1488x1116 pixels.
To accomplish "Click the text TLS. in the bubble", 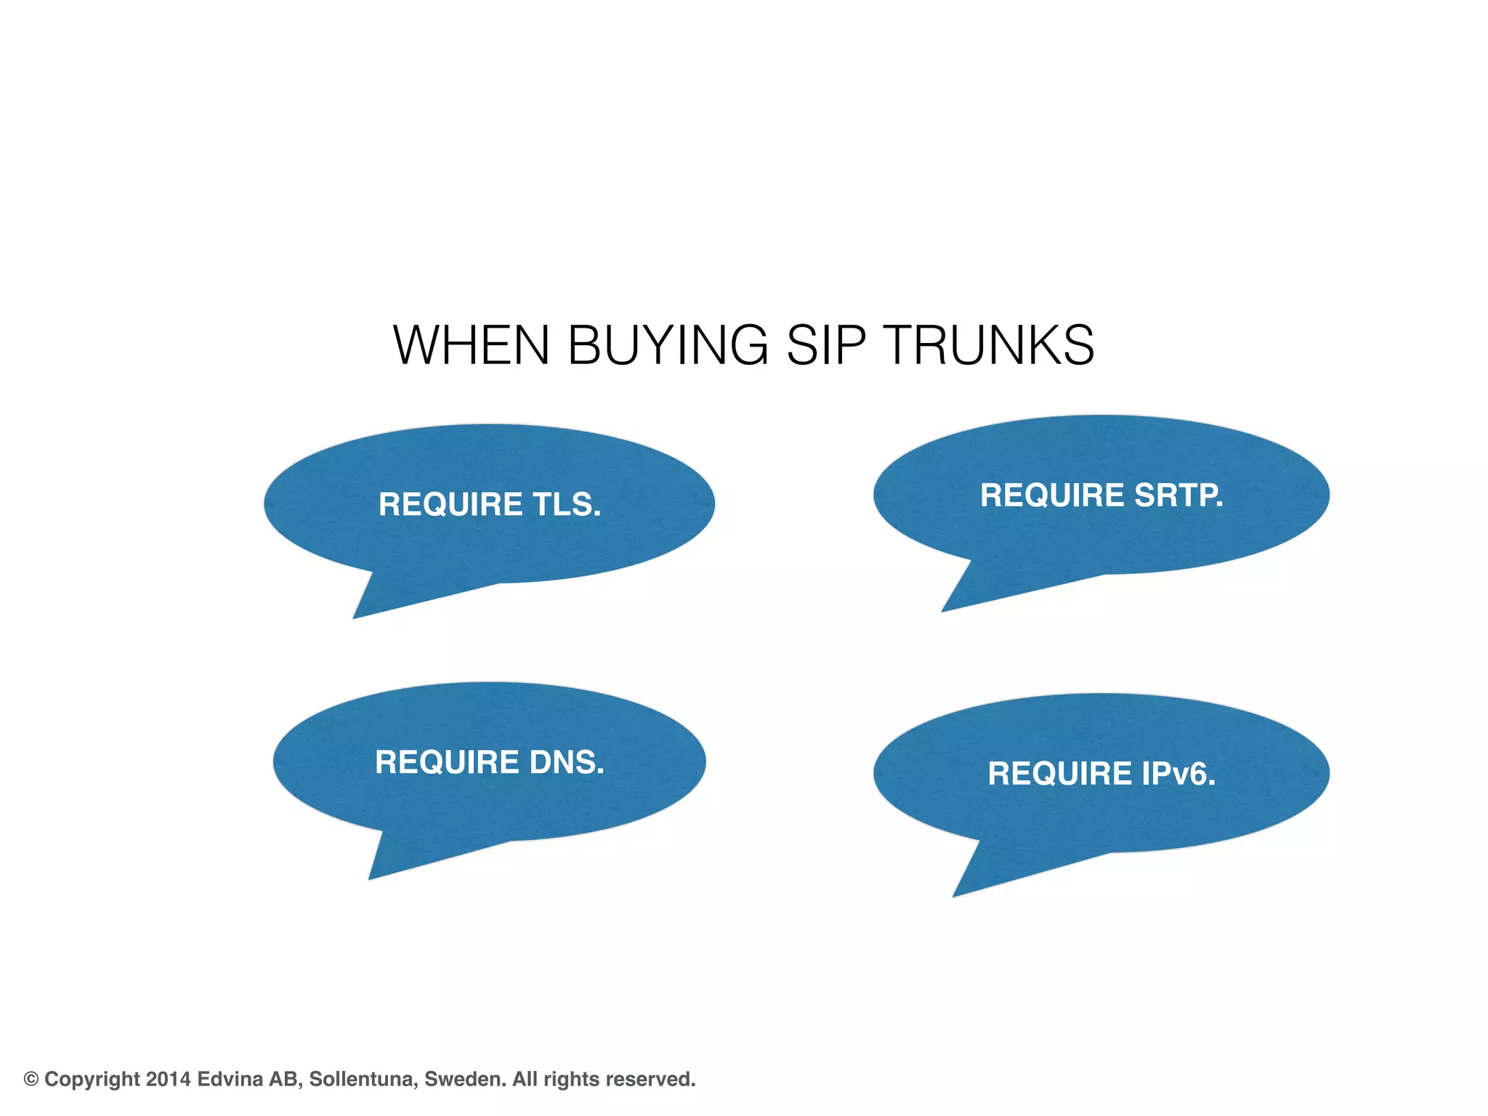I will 567,504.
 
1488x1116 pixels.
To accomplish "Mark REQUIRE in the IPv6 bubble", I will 1059,773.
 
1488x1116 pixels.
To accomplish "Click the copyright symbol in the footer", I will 31,1079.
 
